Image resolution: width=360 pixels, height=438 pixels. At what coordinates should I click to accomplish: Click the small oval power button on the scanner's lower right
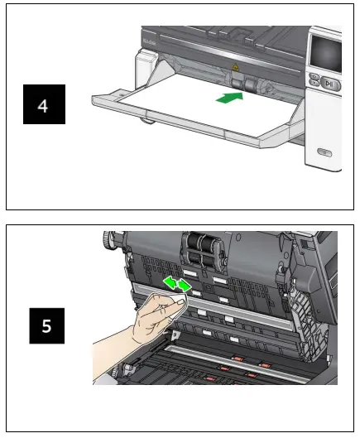pyautogui.click(x=325, y=153)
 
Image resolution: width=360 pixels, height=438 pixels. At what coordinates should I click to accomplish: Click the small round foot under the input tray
pyautogui.click(x=147, y=122)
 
